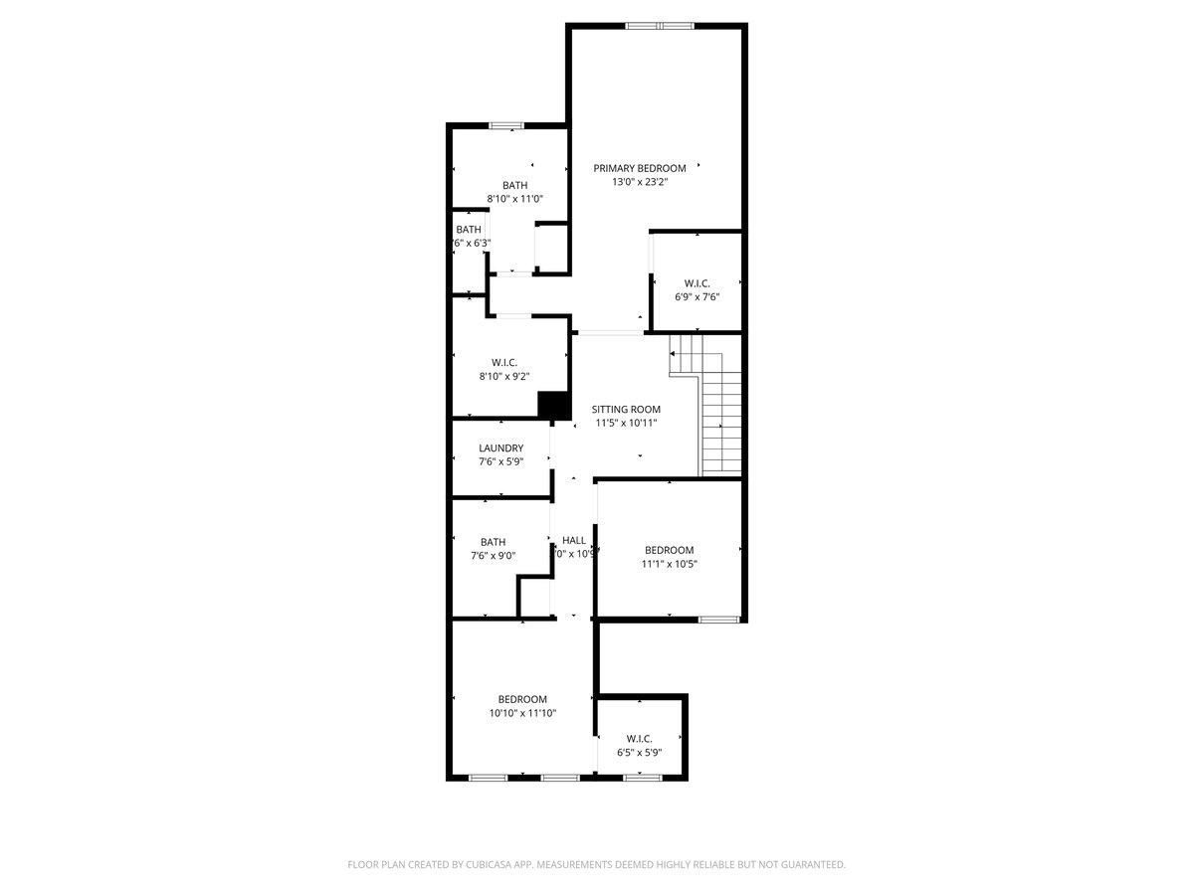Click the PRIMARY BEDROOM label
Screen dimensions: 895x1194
coord(640,168)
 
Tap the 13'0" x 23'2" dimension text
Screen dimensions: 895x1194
coord(639,182)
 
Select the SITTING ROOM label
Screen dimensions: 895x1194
coord(626,409)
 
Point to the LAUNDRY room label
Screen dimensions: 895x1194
coord(500,448)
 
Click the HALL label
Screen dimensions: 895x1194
coord(574,540)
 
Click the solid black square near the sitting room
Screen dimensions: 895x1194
coord(552,405)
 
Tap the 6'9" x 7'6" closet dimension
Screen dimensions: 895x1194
coord(696,296)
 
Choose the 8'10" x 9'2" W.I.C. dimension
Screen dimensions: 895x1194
coord(504,376)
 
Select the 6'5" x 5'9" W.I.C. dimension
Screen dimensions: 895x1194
coord(639,752)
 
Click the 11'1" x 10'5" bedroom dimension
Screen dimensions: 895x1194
coord(669,564)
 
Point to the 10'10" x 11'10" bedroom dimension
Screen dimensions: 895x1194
coord(522,713)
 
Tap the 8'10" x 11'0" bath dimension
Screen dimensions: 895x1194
coord(514,199)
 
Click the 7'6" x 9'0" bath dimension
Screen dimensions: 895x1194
coord(493,556)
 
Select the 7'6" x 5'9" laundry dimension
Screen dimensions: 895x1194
coord(500,461)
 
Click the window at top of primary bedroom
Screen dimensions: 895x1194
coord(659,26)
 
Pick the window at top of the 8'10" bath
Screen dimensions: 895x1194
coord(505,125)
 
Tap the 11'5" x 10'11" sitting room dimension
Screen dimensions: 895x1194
coord(626,423)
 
